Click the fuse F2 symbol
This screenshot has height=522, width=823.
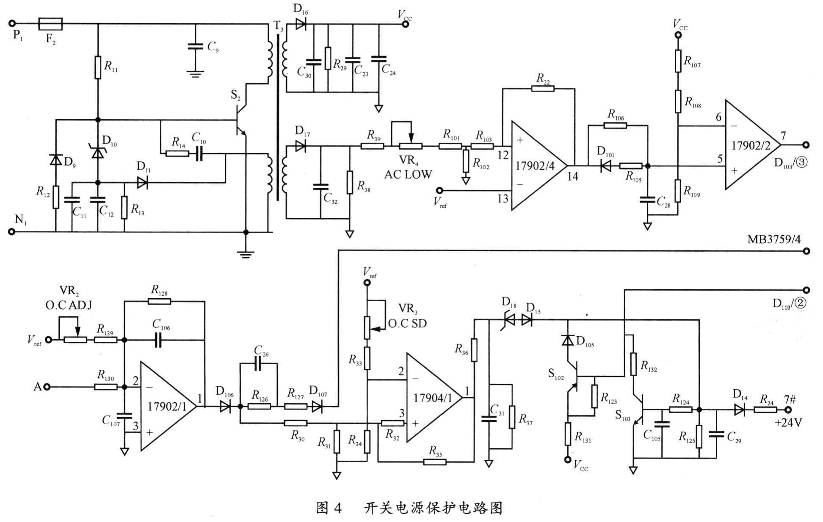(50, 24)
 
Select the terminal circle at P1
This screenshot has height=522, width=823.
(13, 24)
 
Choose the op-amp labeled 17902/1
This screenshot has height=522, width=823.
(167, 407)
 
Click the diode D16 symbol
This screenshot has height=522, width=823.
(301, 24)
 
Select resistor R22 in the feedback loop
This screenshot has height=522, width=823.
(543, 88)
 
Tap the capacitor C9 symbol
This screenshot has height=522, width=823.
(196, 46)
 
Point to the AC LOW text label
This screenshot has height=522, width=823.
(408, 175)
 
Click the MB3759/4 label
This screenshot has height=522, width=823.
(773, 240)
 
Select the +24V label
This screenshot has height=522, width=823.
(788, 423)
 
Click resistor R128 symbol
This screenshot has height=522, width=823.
(160, 301)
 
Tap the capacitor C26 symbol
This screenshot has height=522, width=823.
(258, 364)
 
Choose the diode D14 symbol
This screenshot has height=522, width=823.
(739, 409)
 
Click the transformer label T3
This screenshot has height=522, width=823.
(278, 26)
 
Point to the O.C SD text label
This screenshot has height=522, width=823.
(407, 324)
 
